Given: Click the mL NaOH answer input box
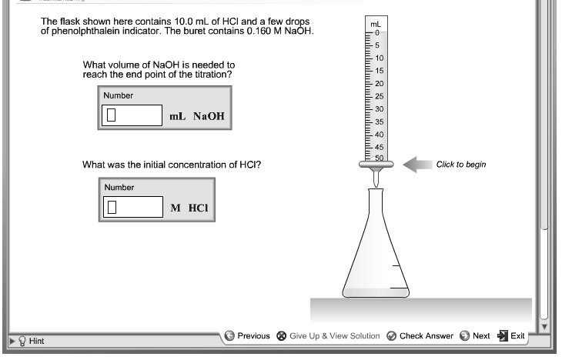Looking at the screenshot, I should click(132, 116).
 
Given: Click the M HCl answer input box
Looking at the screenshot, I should click(132, 207).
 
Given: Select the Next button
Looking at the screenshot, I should click(475, 335).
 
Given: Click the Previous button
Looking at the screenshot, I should click(247, 335).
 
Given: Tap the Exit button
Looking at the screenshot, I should click(511, 335).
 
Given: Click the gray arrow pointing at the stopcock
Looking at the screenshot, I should click(419, 164).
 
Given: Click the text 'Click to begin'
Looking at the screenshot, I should click(461, 165).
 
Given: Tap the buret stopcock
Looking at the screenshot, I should click(376, 164).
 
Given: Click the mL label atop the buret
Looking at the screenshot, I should click(375, 25).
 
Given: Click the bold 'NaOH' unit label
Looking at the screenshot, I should click(210, 116).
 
